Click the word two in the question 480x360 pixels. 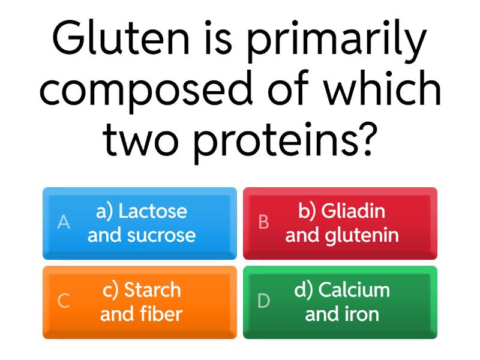tap(143, 139)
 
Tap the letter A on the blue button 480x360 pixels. tap(63, 223)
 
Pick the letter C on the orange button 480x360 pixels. tap(63, 301)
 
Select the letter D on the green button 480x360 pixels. tap(263, 301)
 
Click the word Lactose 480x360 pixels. tap(152, 211)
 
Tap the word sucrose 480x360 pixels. tap(161, 235)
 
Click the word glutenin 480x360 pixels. tap(362, 235)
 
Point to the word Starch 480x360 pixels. tap(152, 290)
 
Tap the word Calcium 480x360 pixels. tap(354, 290)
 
